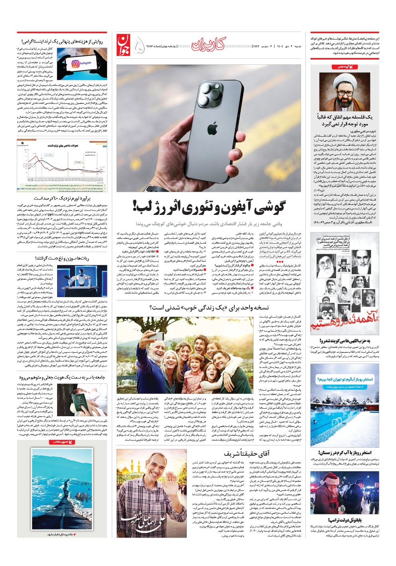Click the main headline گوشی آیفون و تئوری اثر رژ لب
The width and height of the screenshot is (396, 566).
tap(209, 207)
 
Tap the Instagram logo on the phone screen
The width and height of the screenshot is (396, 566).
tap(82, 64)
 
